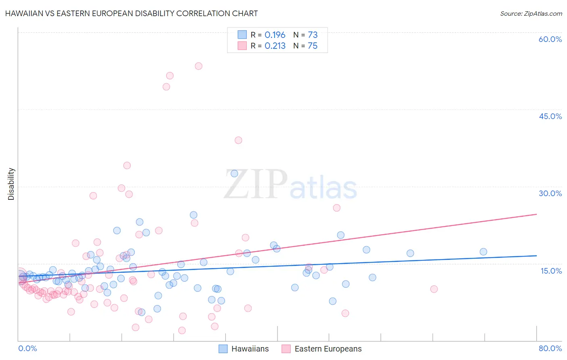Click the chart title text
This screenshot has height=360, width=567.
(131, 13)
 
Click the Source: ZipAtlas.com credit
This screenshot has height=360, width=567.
(531, 13)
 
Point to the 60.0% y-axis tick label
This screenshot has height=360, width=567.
(550, 39)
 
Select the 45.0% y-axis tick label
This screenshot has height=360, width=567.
(550, 116)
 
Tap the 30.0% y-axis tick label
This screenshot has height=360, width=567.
(550, 193)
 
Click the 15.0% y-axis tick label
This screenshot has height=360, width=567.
(551, 271)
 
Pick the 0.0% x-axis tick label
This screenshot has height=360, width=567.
(27, 348)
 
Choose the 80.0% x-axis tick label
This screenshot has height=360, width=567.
(550, 348)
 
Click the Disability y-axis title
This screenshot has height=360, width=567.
(11, 184)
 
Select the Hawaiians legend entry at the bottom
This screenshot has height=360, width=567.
(244, 349)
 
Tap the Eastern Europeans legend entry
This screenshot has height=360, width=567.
(321, 349)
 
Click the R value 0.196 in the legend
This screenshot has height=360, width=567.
(275, 35)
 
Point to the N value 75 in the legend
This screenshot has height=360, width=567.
(313, 46)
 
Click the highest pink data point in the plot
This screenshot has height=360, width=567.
(198, 66)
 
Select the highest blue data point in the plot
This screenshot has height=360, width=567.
(234, 174)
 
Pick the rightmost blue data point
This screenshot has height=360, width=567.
(483, 252)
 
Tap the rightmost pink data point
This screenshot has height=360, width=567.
(434, 289)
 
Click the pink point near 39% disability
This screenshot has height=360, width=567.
(238, 140)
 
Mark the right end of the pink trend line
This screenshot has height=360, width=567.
(536, 214)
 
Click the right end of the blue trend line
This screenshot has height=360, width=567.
(536, 255)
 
